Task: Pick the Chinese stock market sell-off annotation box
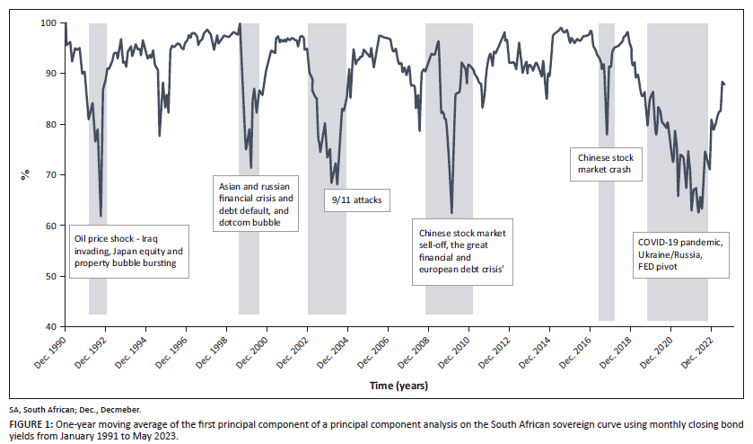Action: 465,251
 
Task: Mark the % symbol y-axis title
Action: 25,173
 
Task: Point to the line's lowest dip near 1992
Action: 101,216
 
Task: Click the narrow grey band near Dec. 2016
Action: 607,171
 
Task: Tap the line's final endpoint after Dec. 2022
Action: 724,84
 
